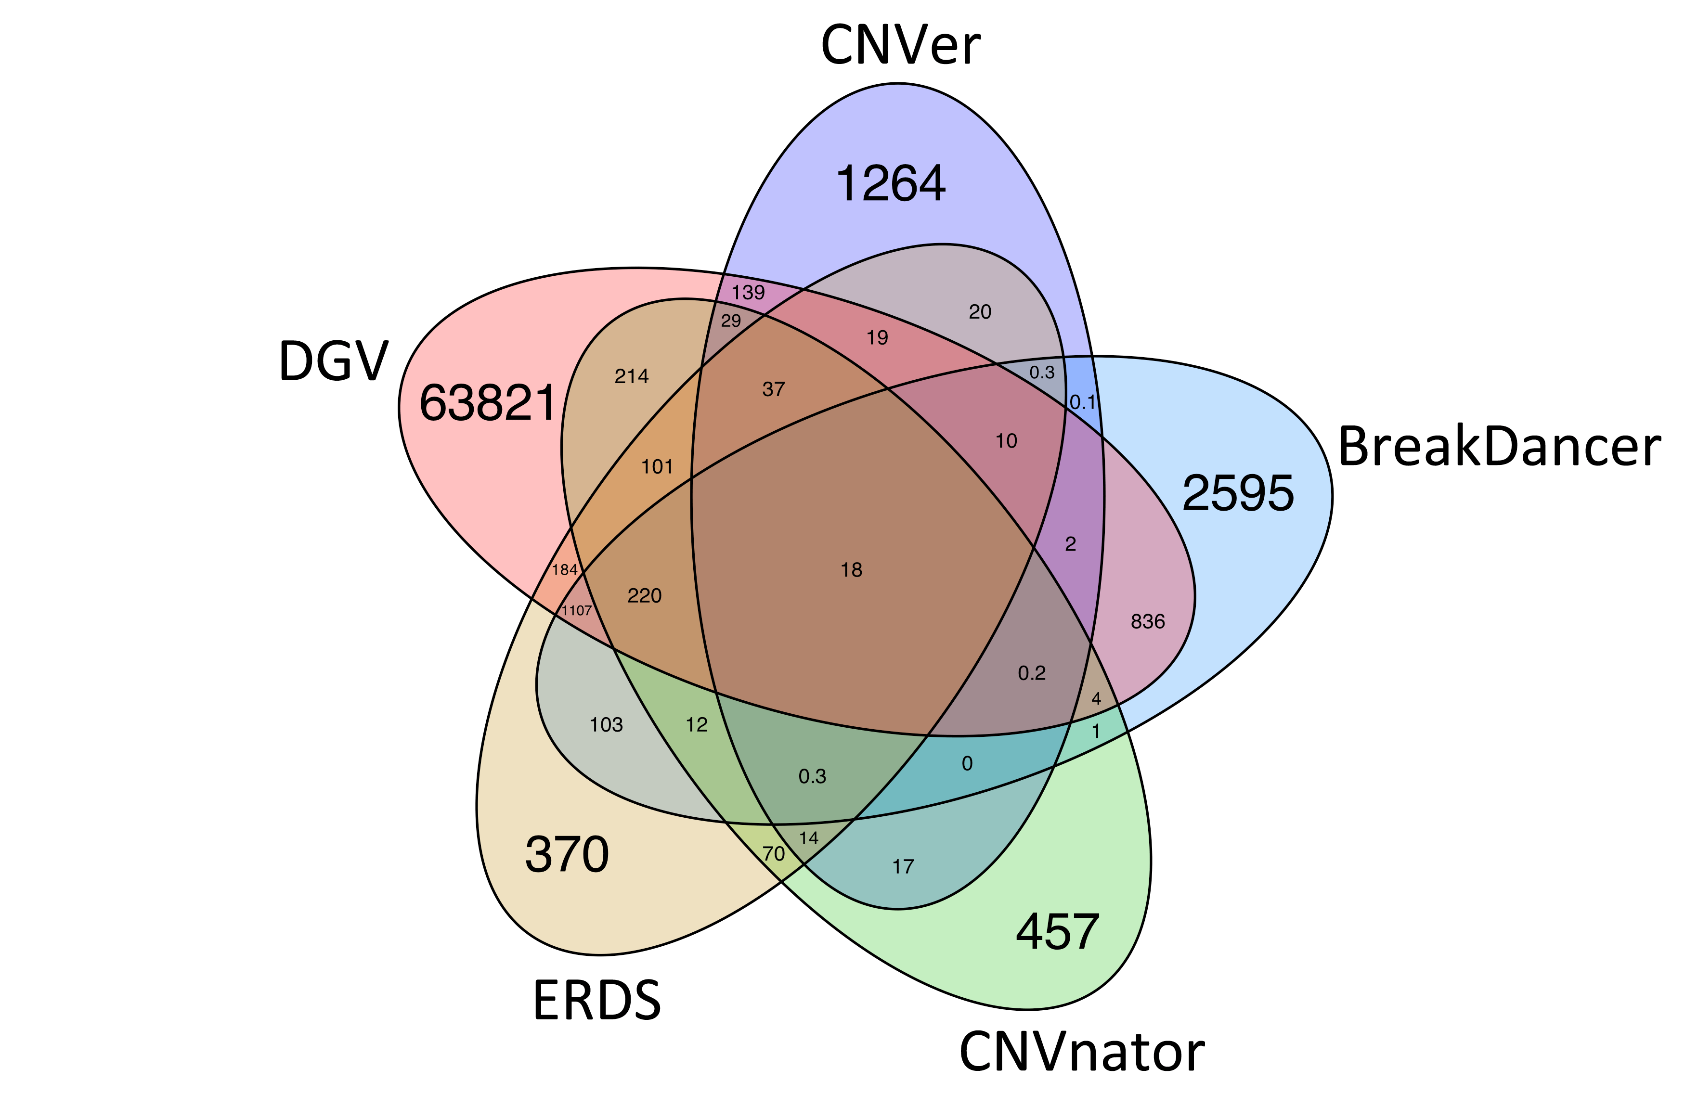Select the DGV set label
(x=334, y=361)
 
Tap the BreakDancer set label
(x=1499, y=447)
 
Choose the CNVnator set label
(x=1082, y=1052)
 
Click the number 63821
(x=488, y=403)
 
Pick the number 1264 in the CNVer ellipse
(x=891, y=184)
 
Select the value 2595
(x=1238, y=493)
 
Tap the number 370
(x=566, y=855)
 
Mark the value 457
(x=1057, y=932)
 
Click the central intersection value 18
(x=851, y=570)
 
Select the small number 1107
(x=576, y=610)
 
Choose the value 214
(x=632, y=376)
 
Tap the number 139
(x=748, y=292)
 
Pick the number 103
(x=606, y=725)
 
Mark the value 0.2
(x=1032, y=673)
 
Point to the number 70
(x=773, y=853)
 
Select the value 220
(x=644, y=596)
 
